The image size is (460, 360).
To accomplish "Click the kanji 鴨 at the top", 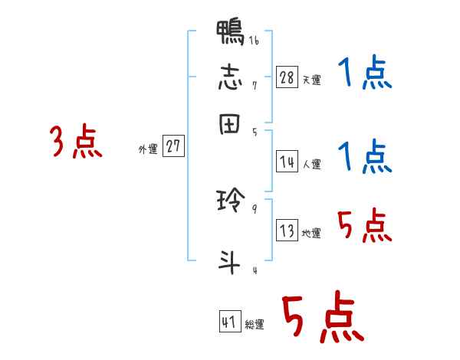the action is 231,34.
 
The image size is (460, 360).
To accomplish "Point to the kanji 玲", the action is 231,202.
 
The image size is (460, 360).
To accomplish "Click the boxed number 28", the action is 287,78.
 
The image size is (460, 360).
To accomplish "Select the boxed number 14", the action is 287,162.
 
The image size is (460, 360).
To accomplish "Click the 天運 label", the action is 311,80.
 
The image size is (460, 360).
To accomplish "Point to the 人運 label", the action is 311,163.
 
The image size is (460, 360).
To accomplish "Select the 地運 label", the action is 311,234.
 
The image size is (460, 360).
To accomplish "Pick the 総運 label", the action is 255,324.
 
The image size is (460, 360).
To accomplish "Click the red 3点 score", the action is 76,142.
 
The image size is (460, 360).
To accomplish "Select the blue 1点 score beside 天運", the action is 365,74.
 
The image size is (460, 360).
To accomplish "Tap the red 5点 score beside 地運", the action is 365,226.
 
